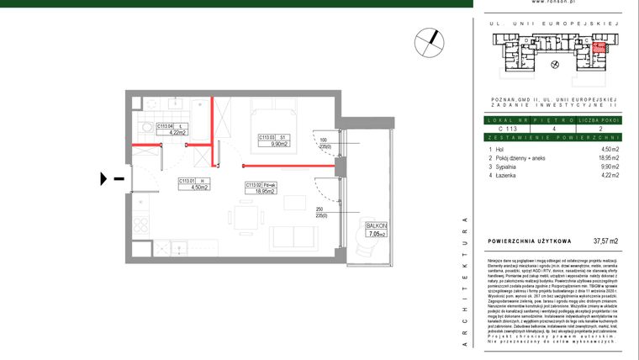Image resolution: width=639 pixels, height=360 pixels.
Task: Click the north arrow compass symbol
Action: (x=430, y=40)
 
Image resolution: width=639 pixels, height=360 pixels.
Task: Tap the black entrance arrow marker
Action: (x=105, y=178)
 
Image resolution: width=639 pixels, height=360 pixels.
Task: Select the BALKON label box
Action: (x=375, y=230)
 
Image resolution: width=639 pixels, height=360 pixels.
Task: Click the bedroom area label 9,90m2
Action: (x=280, y=144)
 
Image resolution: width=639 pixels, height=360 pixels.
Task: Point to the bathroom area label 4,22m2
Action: (x=177, y=131)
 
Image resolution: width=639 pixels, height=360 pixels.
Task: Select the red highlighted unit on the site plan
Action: (x=598, y=47)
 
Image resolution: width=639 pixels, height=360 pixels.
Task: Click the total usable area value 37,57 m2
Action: (x=605, y=241)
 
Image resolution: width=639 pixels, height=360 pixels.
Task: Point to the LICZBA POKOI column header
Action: (x=598, y=120)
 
